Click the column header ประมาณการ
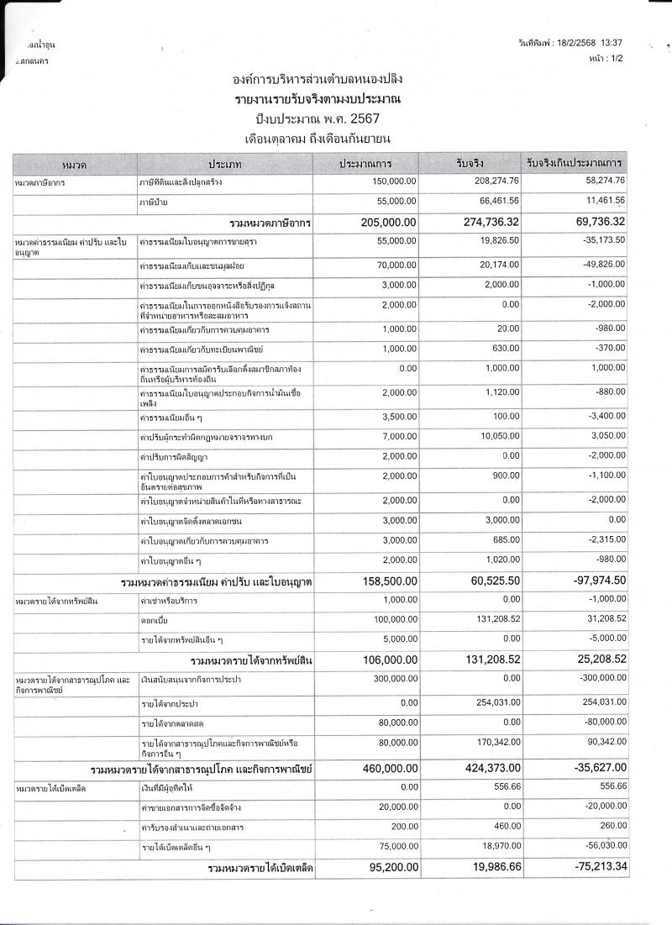(x=365, y=163)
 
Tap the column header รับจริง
(x=471, y=163)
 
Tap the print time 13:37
(x=612, y=42)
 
